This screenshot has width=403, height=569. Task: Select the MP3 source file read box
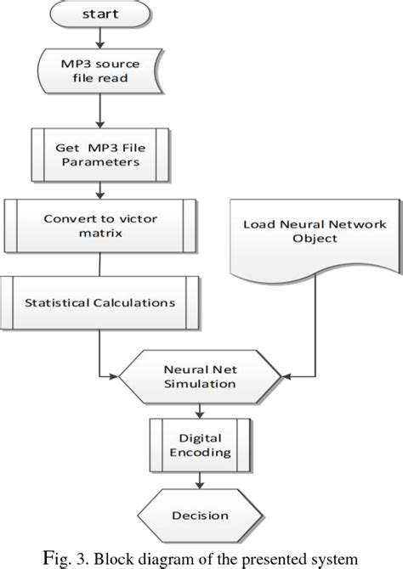click(101, 70)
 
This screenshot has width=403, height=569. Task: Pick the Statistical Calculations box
click(100, 302)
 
